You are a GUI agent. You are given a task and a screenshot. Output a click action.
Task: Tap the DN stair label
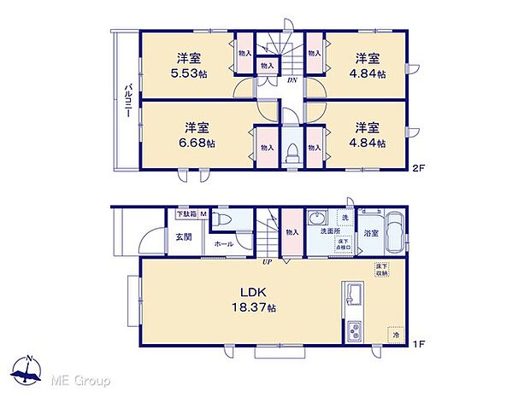pos(291,81)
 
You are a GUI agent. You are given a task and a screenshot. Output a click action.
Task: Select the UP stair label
pos(266,260)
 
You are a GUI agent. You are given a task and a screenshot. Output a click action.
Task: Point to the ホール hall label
pos(224,244)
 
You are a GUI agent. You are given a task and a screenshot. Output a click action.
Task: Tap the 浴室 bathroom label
pos(372,231)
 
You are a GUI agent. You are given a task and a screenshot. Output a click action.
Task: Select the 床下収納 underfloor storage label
pos(381,271)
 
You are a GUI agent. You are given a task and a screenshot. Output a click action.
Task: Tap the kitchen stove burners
pos(353,330)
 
